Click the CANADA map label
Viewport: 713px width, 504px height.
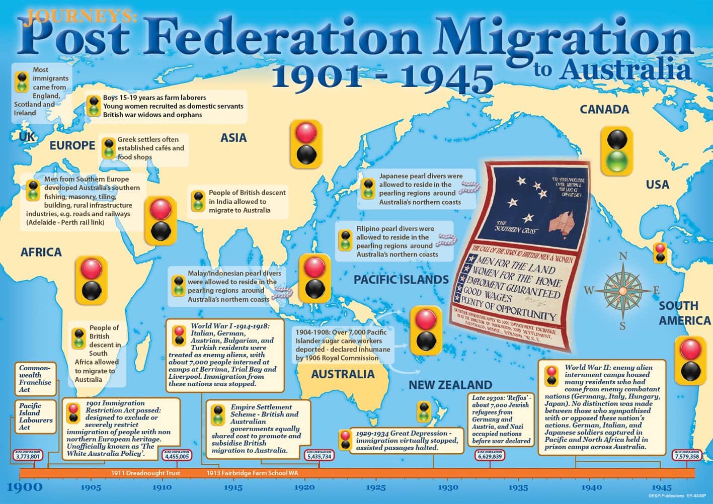coord(604,109)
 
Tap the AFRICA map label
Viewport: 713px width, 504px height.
coord(41,252)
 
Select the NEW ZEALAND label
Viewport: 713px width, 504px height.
coord(450,385)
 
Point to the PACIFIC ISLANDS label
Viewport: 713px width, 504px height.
coord(401,280)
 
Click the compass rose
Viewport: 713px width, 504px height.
coord(622,291)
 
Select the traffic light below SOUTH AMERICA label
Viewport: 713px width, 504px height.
coord(690,360)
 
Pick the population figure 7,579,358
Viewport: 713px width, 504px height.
coord(686,456)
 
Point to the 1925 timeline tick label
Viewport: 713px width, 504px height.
coord(375,487)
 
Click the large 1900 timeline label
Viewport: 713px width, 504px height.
coord(25,486)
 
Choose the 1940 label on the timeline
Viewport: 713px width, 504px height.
coord(591,487)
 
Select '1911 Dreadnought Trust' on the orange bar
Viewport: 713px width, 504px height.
coord(146,473)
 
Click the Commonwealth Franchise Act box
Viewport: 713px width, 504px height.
coord(35,379)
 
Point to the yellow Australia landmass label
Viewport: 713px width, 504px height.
coord(342,374)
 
